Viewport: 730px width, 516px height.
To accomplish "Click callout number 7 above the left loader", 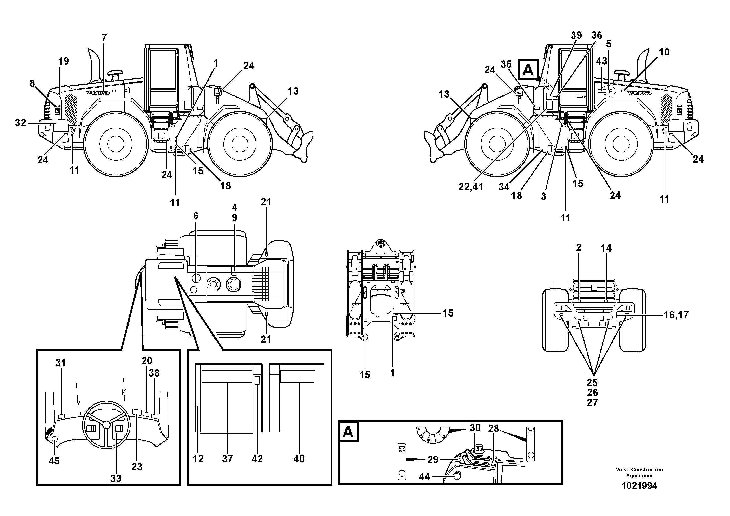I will pos(104,38).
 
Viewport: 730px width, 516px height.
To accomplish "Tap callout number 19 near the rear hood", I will pos(64,61).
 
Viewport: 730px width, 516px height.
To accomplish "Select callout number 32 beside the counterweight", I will pos(21,122).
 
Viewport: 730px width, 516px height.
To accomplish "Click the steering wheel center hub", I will pos(106,424).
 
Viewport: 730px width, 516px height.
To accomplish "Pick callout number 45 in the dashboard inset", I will pos(54,461).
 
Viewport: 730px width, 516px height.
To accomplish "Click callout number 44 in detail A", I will pos(424,476).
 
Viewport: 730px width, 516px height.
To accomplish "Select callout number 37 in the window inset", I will pos(228,459).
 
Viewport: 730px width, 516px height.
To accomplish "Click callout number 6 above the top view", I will pos(196,216).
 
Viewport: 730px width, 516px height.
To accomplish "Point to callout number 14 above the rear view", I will pos(606,248).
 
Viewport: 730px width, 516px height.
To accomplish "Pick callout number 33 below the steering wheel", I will pos(116,478).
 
